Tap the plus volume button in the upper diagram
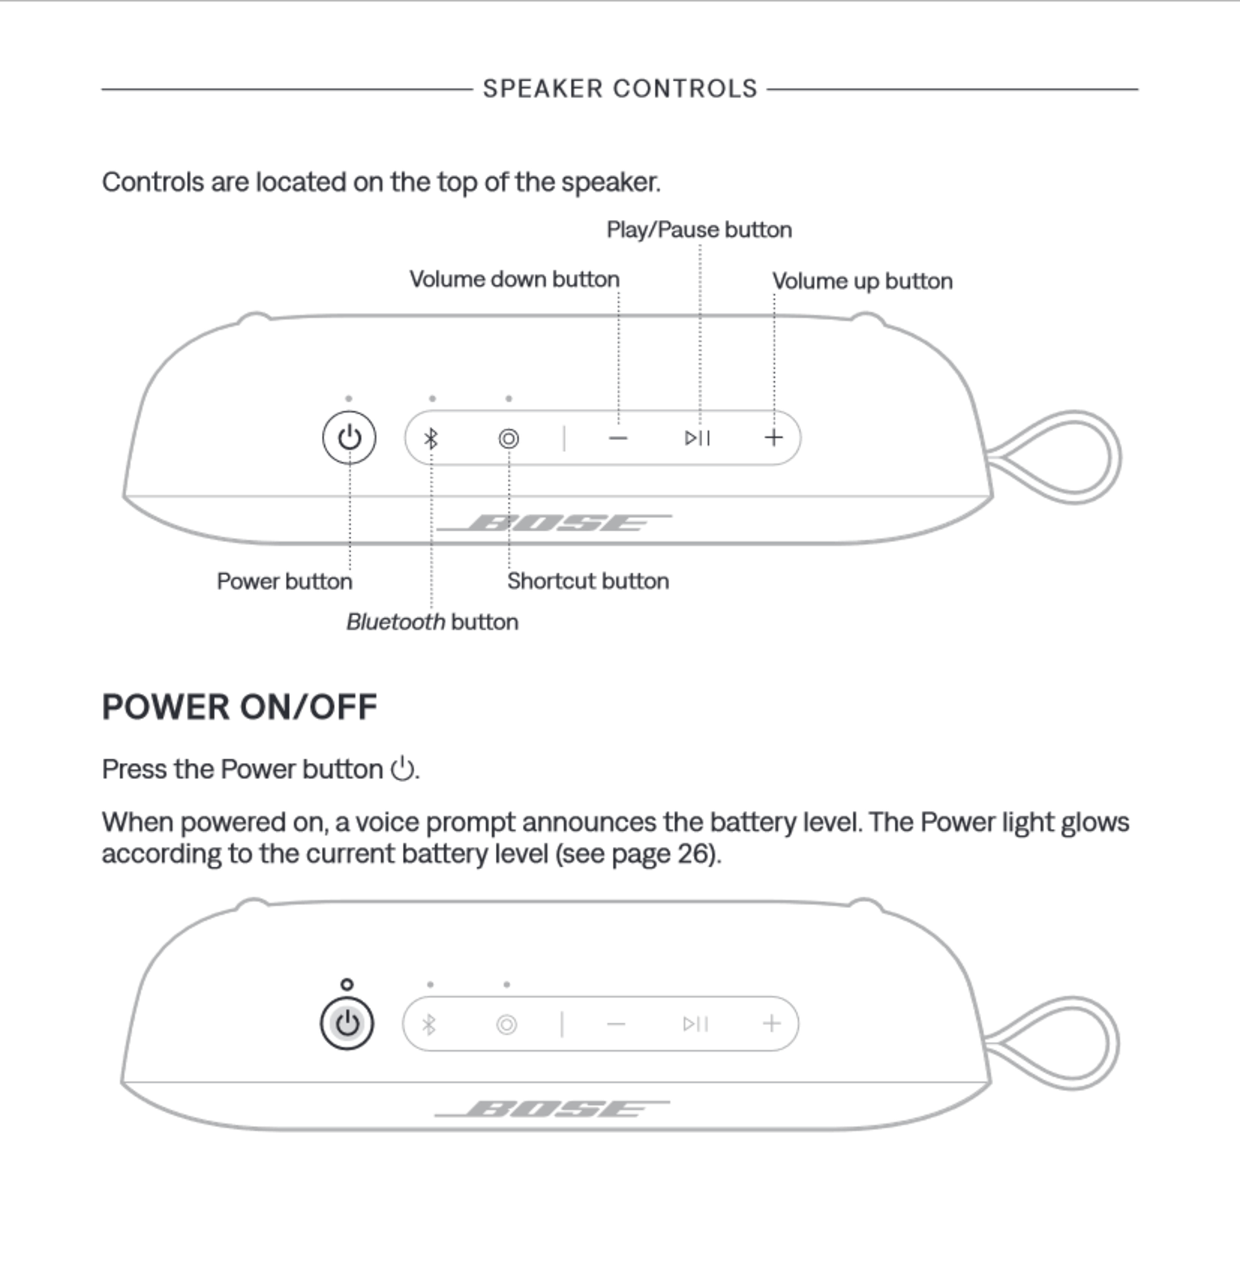774,438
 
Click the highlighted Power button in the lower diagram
347,1023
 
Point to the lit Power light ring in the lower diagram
347,984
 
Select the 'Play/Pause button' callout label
699,230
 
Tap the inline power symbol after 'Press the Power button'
402,769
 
